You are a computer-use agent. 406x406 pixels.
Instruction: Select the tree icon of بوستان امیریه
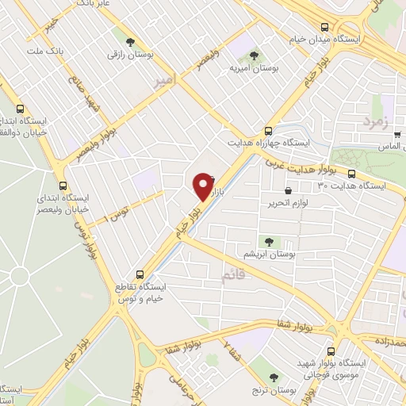pos(254,55)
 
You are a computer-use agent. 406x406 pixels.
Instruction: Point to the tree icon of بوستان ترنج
pos(274,377)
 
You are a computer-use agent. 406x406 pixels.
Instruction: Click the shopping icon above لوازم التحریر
pos(287,191)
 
